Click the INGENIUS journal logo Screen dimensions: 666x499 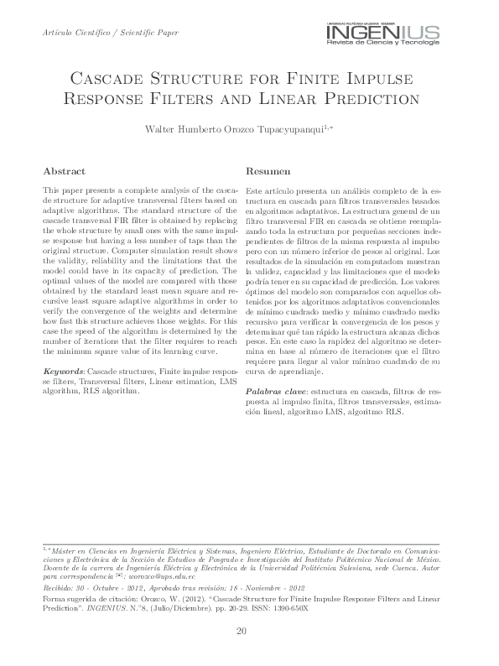coord(382,34)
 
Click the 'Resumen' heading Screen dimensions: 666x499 coord(262,169)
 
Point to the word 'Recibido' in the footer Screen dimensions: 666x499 coord(58,589)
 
